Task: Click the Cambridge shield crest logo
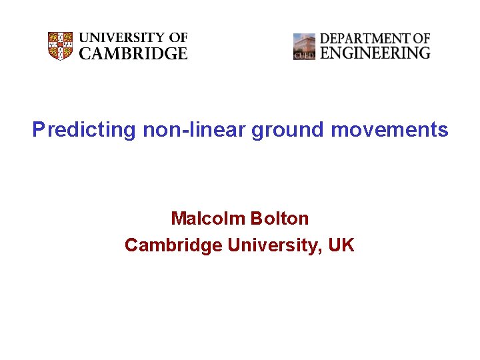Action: (x=60, y=46)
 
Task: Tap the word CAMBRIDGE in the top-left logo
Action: (x=133, y=54)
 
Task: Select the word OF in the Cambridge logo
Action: (x=178, y=38)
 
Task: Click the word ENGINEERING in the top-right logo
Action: (x=375, y=53)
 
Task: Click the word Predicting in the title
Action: (x=84, y=129)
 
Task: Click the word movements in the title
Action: (x=389, y=129)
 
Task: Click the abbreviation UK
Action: (x=341, y=245)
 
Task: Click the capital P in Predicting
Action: (x=38, y=129)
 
